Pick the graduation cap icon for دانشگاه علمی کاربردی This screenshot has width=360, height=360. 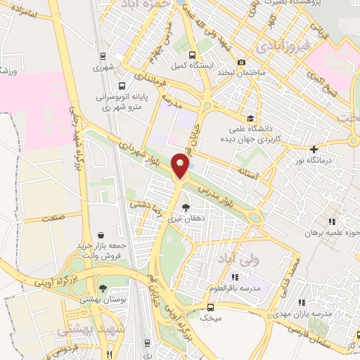[251, 117]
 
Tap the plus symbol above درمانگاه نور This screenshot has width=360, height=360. [314, 149]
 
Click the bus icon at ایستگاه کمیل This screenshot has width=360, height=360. [192, 53]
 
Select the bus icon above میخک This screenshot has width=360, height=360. [210, 307]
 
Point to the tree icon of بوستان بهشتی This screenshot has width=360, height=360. [103, 288]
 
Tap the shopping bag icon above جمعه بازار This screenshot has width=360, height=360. [103, 235]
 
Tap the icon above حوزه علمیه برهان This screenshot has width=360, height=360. [332, 222]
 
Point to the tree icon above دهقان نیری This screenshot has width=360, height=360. [185, 207]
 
